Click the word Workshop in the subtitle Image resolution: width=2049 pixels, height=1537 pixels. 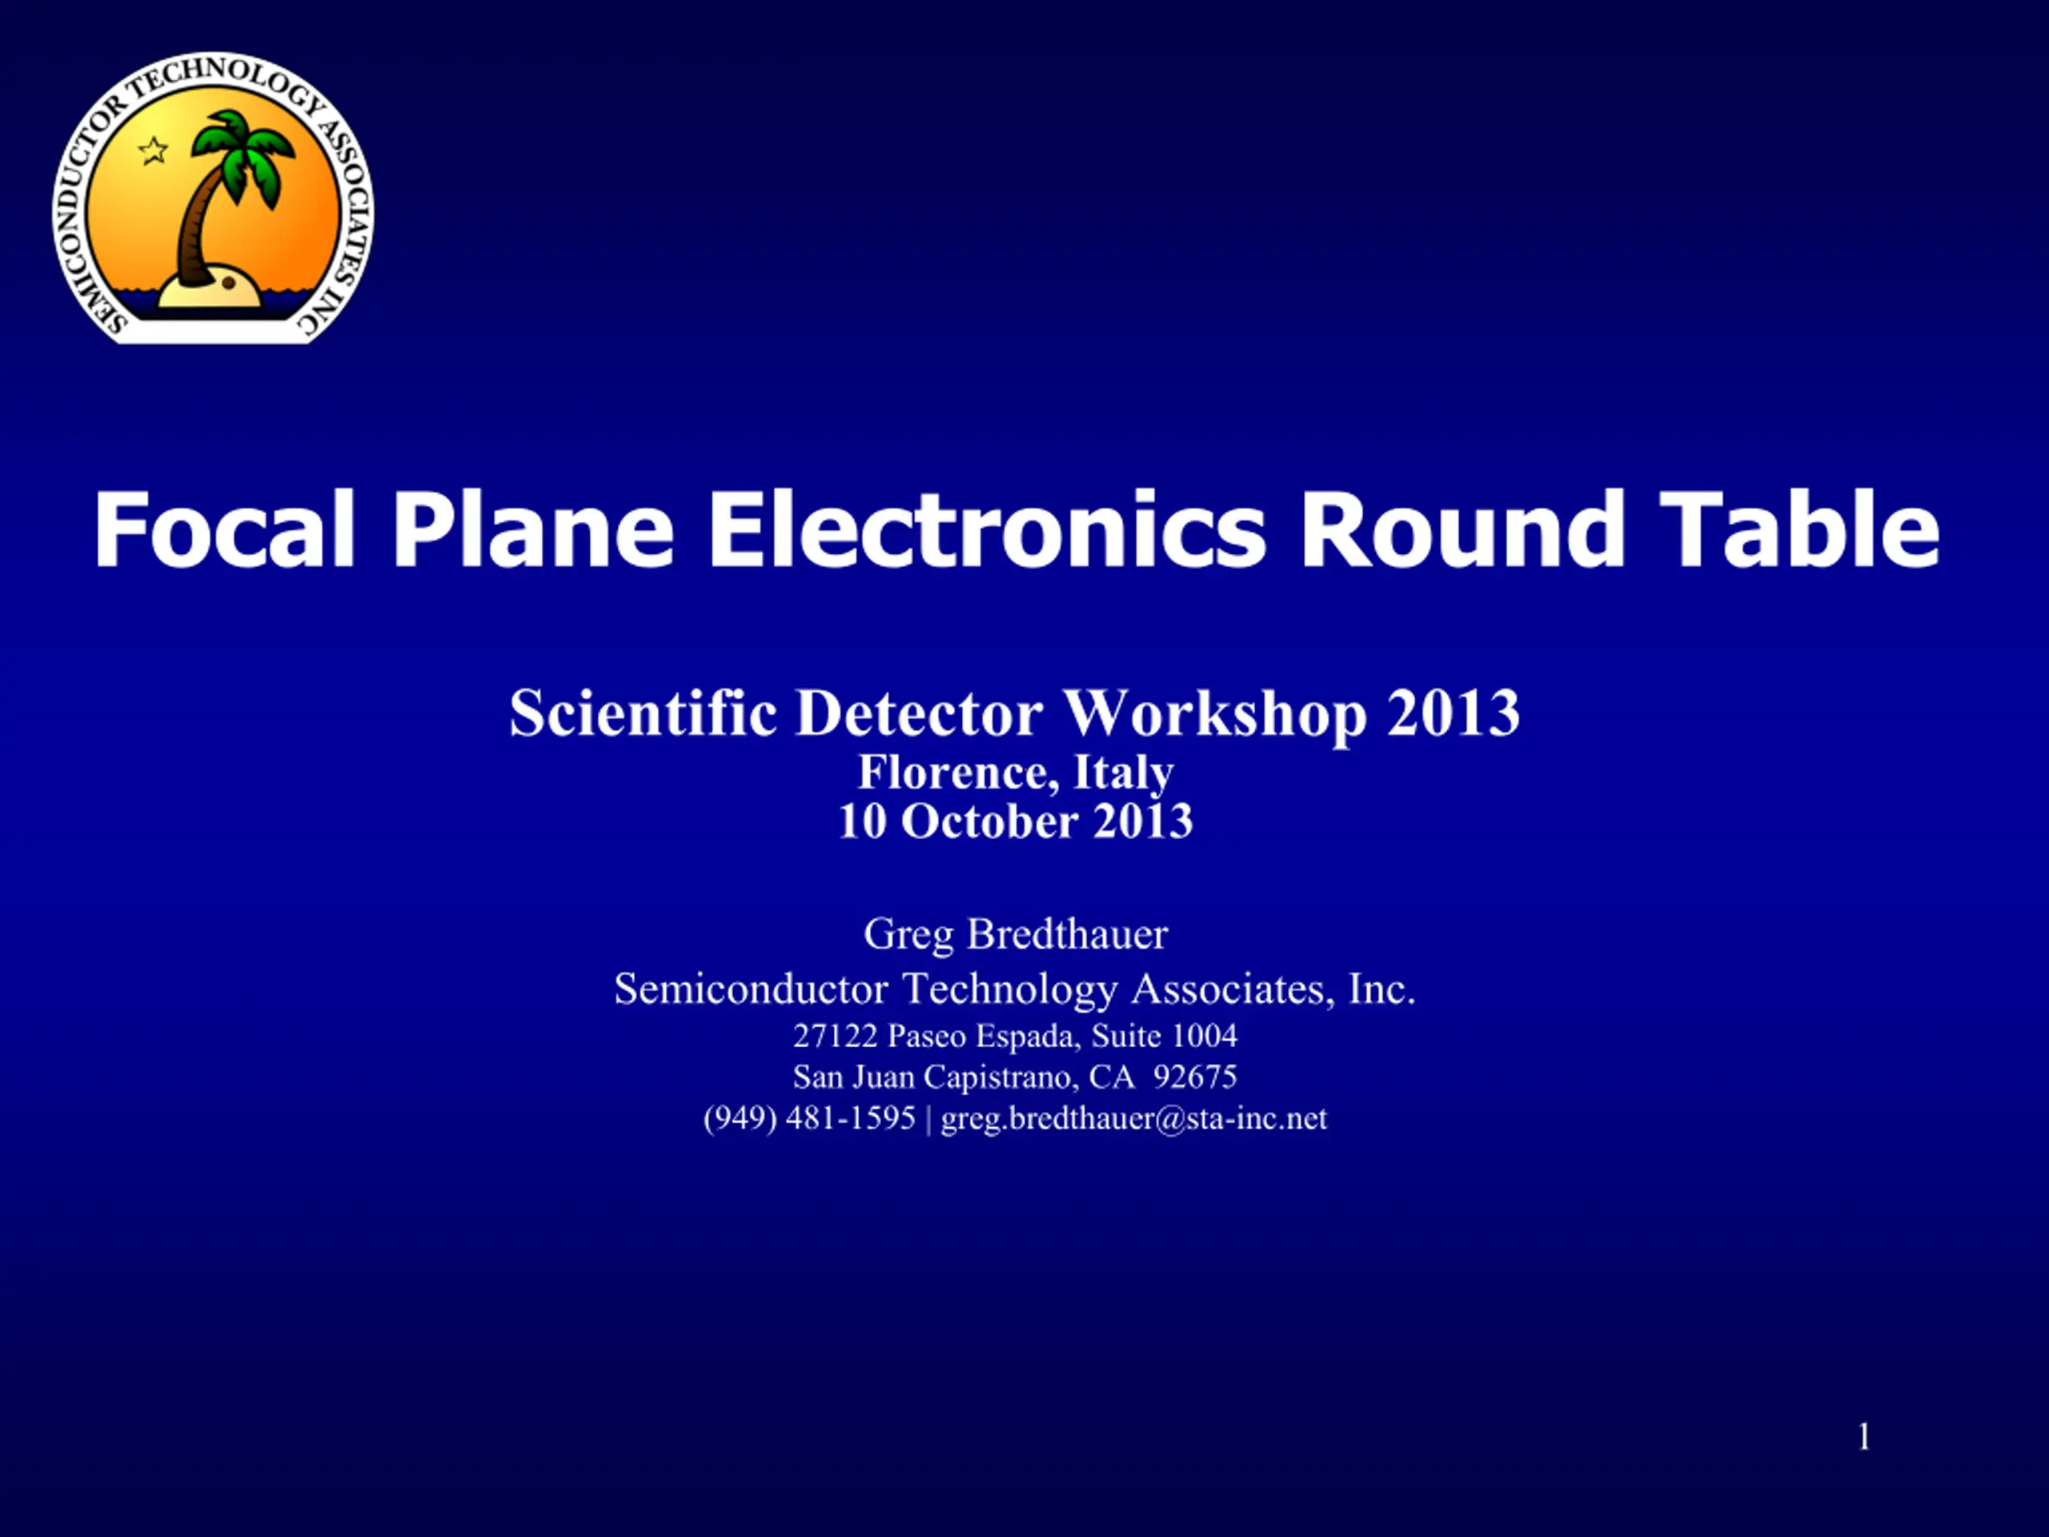click(x=1214, y=713)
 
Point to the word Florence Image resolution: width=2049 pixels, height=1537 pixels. click(x=958, y=773)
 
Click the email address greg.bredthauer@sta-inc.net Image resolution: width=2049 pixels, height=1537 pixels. click(x=1134, y=1118)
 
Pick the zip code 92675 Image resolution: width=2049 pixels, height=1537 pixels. click(x=1195, y=1077)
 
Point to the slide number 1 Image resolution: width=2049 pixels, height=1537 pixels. click(x=1864, y=1437)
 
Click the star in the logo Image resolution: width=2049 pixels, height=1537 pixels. click(x=153, y=150)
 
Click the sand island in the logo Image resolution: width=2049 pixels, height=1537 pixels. click(x=213, y=289)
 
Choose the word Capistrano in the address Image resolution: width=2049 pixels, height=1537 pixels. click(x=1000, y=1078)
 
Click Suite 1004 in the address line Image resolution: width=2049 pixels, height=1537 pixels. click(x=1165, y=1036)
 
